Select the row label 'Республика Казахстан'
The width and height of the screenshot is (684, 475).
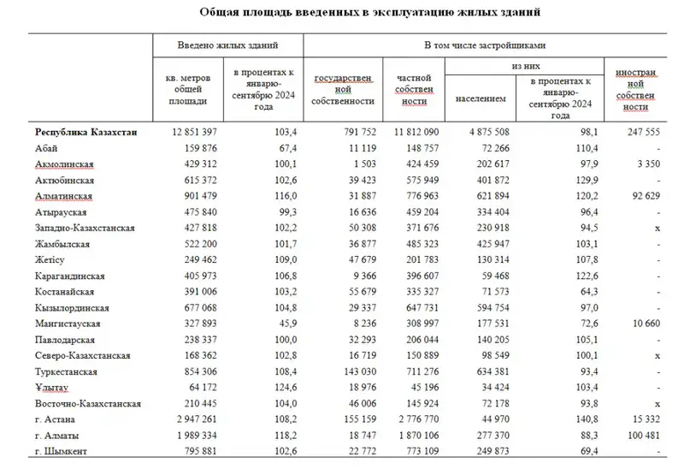pyautogui.click(x=85, y=133)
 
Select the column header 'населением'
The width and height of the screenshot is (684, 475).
pyautogui.click(x=481, y=99)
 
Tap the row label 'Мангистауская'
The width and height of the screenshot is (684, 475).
pyautogui.click(x=68, y=324)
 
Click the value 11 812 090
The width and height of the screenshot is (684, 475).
pyautogui.click(x=410, y=133)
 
